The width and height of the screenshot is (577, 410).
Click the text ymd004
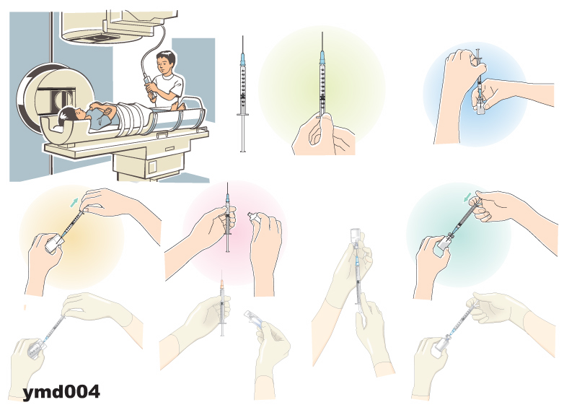tap(61, 391)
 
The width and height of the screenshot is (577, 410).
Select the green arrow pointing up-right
tap(74, 202)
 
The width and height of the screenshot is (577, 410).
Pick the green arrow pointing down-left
tap(467, 199)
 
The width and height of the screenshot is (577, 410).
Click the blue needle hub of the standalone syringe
tap(242, 59)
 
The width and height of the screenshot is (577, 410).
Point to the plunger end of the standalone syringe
tap(242, 150)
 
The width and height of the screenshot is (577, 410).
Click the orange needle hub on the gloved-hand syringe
tap(222, 284)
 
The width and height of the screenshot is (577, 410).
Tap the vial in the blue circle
tap(480, 106)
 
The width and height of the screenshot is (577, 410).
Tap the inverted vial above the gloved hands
tap(355, 237)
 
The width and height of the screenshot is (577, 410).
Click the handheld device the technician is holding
tap(149, 87)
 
